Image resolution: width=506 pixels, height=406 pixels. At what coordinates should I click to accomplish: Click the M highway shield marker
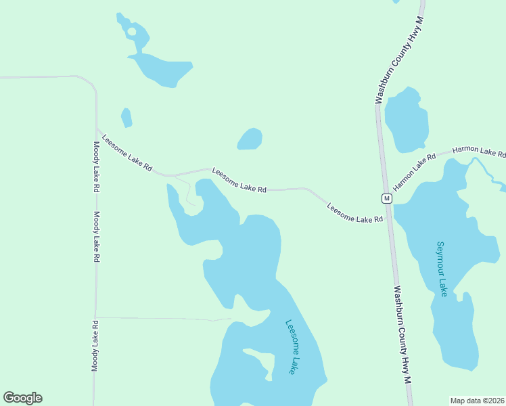tap(386, 198)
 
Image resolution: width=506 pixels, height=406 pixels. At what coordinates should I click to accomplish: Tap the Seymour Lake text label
tap(442, 269)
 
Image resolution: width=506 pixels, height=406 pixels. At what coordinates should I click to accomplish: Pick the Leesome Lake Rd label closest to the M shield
tap(355, 212)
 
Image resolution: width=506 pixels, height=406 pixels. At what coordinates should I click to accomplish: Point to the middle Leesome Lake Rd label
tap(239, 181)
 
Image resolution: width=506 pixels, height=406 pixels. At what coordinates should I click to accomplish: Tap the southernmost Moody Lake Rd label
tap(95, 345)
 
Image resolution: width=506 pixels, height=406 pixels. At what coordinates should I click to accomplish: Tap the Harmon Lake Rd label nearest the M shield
tap(415, 171)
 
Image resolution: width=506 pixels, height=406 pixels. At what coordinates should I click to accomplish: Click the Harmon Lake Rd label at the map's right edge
tap(479, 152)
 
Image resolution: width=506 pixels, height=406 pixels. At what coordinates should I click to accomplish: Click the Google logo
tap(22, 398)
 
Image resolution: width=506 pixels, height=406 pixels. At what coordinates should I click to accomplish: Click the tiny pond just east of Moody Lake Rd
tap(127, 118)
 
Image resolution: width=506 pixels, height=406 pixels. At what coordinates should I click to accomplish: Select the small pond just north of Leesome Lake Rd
tap(250, 139)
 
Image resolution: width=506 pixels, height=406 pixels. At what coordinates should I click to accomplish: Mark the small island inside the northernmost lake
tap(131, 31)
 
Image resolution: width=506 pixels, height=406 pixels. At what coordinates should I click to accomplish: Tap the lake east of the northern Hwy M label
tap(407, 120)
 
